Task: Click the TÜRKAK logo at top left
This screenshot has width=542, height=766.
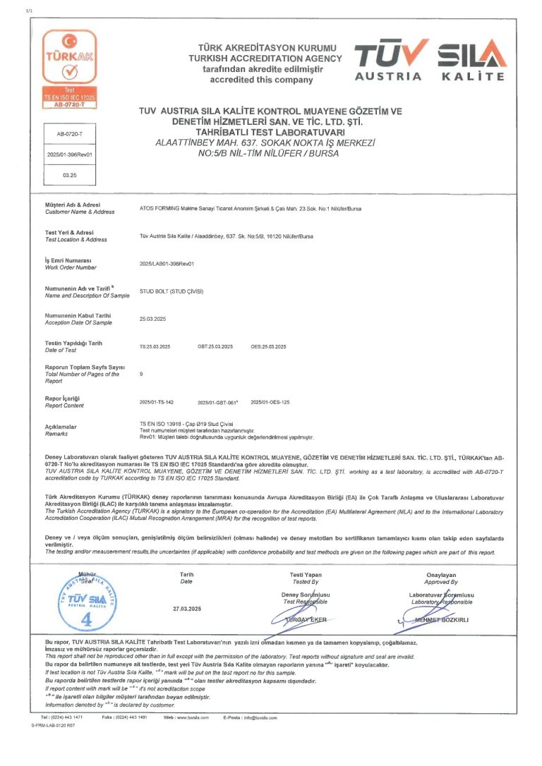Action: (x=69, y=68)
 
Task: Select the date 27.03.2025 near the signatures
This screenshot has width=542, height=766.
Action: (x=187, y=608)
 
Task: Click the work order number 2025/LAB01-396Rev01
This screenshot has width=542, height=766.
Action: (x=167, y=263)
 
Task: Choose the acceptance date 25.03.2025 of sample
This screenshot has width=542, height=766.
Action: (x=155, y=319)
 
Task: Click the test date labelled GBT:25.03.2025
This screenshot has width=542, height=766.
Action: (x=215, y=347)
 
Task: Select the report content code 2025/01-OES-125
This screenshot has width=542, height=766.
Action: (x=271, y=401)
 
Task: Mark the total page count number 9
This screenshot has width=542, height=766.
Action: (x=142, y=374)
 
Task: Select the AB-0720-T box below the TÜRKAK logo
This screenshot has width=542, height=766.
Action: (x=69, y=133)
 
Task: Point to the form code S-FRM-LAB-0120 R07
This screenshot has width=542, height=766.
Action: (x=54, y=725)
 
